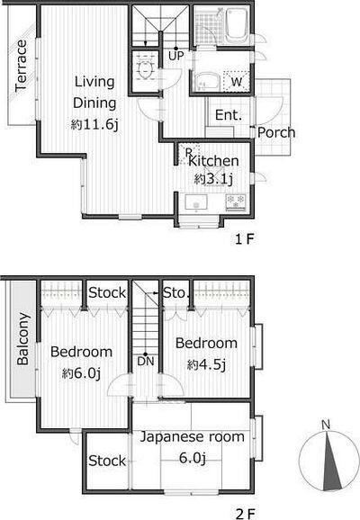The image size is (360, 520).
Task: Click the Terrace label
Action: (21, 66)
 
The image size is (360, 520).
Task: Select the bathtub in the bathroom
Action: (236, 25)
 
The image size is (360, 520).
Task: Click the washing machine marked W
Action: (236, 81)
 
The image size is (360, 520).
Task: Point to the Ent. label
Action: (229, 115)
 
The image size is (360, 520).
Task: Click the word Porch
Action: (276, 132)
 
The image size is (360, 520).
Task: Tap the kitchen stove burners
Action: (236, 202)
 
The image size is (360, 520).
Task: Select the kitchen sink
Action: (196, 202)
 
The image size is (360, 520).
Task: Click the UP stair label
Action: (175, 56)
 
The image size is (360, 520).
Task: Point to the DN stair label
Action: (146, 361)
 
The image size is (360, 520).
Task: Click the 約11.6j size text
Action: (94, 125)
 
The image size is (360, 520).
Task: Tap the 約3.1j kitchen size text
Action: (213, 179)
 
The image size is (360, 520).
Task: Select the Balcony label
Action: (22, 338)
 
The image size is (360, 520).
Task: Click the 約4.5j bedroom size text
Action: (206, 364)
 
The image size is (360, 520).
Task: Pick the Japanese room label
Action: (192, 436)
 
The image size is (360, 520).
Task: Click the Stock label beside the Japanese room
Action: (107, 461)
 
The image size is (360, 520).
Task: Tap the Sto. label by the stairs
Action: (175, 292)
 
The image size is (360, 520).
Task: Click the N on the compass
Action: (326, 425)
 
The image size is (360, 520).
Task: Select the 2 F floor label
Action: (245, 514)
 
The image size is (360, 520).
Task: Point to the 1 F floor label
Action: (245, 238)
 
